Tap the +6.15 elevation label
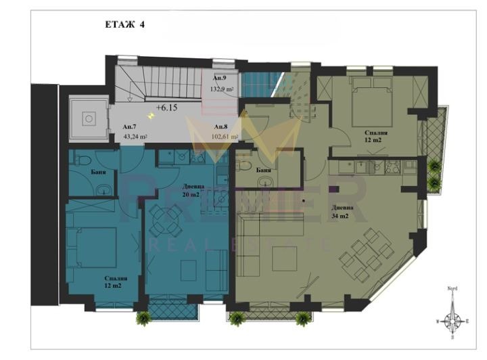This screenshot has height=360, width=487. (167, 108)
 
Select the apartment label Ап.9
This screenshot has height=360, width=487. (220, 79)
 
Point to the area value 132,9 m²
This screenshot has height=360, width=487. (222, 89)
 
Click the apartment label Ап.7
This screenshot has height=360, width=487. (130, 127)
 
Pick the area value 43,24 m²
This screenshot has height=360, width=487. (136, 136)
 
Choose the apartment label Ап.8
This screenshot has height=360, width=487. (221, 127)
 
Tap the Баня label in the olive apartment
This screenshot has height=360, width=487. (264, 171)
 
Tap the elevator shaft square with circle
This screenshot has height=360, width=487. (87, 119)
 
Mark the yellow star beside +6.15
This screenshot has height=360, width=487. (151, 116)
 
